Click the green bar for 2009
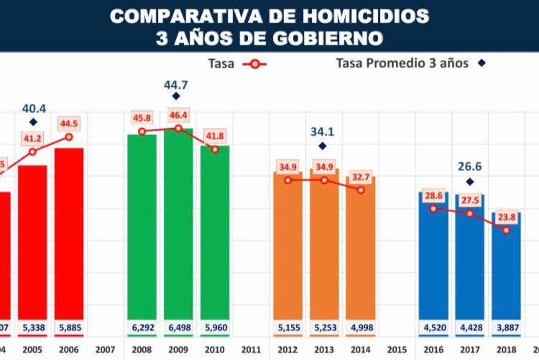(178, 230)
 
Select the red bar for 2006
(69, 237)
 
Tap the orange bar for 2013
(324, 251)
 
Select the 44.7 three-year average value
(177, 86)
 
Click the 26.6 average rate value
(469, 167)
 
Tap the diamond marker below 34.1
(323, 146)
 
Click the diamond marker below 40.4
(33, 122)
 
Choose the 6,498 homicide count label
(178, 328)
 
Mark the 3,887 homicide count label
(506, 328)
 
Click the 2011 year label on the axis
(251, 349)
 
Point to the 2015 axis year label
(397, 349)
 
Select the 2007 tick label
(105, 349)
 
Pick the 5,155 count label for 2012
(287, 328)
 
